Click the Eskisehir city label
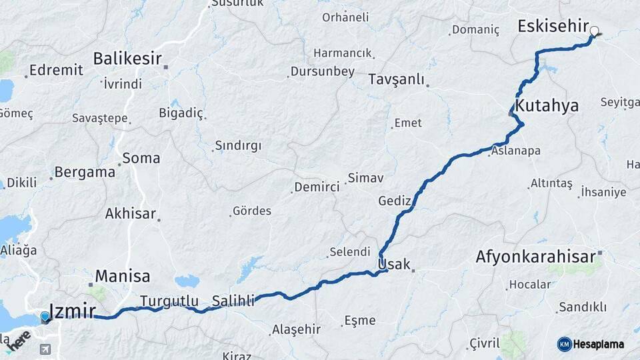pyautogui.click(x=553, y=27)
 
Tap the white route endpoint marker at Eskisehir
pyautogui.click(x=595, y=30)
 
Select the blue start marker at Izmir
pyautogui.click(x=45, y=317)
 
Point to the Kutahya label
pyautogui.click(x=547, y=106)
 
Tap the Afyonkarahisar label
pyautogui.click(x=535, y=257)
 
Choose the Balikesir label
pyautogui.click(x=127, y=59)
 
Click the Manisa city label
pyautogui.click(x=122, y=276)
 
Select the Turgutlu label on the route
pyautogui.click(x=169, y=301)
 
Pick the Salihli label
pyautogui.click(x=233, y=301)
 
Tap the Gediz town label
pyautogui.click(x=393, y=201)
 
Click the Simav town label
pyautogui.click(x=365, y=179)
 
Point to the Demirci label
pyautogui.click(x=317, y=187)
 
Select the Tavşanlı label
pyautogui.click(x=396, y=80)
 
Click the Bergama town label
pyautogui.click(x=85, y=172)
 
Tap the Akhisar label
pyautogui.click(x=130, y=214)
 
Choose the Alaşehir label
pyautogui.click(x=296, y=329)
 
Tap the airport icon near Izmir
pyautogui.click(x=45, y=349)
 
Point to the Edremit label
pyautogui.click(x=56, y=70)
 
